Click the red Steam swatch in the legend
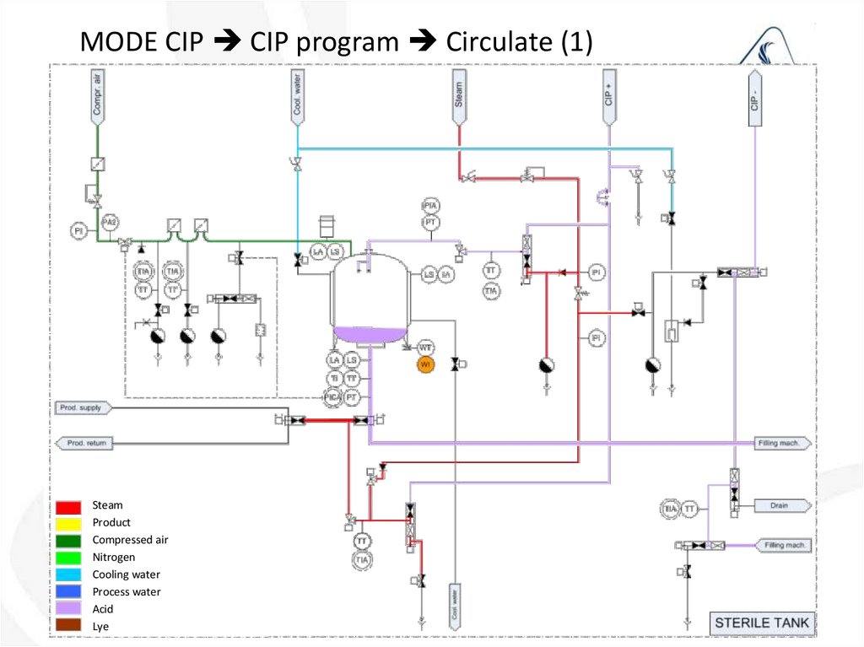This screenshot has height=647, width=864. [69, 506]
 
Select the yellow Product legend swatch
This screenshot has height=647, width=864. [69, 523]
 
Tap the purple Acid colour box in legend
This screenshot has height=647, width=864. [69, 609]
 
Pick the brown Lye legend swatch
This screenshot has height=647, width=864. [69, 626]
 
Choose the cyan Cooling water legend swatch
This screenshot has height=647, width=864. [69, 574]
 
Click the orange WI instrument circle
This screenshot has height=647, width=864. [426, 364]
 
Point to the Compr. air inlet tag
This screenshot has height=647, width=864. [97, 95]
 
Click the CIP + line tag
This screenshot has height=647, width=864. [608, 95]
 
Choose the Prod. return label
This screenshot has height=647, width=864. [84, 443]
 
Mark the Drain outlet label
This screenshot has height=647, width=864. [781, 506]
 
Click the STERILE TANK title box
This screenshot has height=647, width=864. [761, 624]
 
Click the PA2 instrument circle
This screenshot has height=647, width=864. [109, 222]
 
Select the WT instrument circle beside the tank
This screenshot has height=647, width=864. [425, 348]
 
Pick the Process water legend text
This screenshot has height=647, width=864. [127, 592]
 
